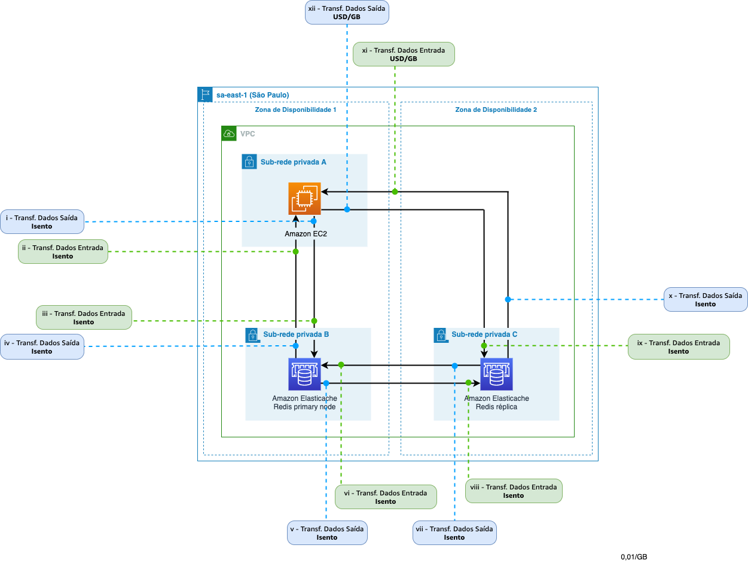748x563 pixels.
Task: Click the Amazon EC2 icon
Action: pyautogui.click(x=304, y=198)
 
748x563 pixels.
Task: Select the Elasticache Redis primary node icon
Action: pyautogui.click(x=304, y=375)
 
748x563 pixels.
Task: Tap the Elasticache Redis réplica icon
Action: pyautogui.click(x=496, y=375)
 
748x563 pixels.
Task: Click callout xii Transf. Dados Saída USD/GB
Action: pyautogui.click(x=347, y=13)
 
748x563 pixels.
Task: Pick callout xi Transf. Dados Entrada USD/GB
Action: pyautogui.click(x=404, y=54)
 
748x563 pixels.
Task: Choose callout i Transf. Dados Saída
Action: pyautogui.click(x=42, y=222)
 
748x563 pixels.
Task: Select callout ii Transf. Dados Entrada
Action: pyautogui.click(x=63, y=252)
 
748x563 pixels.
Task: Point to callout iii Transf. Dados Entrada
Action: pyautogui.click(x=84, y=318)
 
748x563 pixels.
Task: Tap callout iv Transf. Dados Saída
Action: pyautogui.click(x=42, y=347)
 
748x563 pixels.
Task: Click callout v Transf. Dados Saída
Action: pyautogui.click(x=327, y=533)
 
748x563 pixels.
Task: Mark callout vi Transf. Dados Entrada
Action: pyautogui.click(x=386, y=497)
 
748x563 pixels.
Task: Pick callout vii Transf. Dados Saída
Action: pyautogui.click(x=454, y=533)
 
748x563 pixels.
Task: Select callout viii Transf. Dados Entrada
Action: pyautogui.click(x=514, y=491)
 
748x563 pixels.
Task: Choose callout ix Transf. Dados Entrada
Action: pyautogui.click(x=679, y=347)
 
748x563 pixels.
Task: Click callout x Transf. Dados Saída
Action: pyautogui.click(x=706, y=300)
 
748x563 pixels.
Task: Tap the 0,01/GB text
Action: pyautogui.click(x=634, y=557)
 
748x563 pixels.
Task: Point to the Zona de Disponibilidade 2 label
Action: pyautogui.click(x=496, y=110)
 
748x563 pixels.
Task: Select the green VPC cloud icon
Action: pyautogui.click(x=229, y=133)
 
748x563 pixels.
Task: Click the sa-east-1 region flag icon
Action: pyautogui.click(x=205, y=95)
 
